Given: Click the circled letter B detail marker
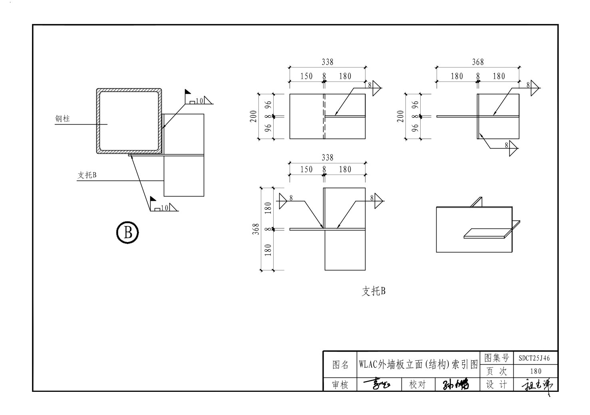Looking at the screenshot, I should point(127,232).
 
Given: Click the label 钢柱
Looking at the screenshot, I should point(62,119).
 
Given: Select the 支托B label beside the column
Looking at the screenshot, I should point(87,175).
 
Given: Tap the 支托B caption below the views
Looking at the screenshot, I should point(373,291).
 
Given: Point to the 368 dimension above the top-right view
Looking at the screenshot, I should point(478,62).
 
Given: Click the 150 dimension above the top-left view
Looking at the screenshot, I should point(306,76).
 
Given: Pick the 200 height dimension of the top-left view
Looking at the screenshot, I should point(253,116).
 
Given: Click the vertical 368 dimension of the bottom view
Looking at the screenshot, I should point(256,229).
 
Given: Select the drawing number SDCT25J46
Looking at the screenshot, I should point(534,358).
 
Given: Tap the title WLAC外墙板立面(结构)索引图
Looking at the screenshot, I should point(418,364).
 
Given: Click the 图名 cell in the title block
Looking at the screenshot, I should point(340,364).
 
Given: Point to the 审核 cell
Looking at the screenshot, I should point(340,385).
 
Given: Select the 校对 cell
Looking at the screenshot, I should point(417,385).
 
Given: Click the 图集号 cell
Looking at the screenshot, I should point(496,358).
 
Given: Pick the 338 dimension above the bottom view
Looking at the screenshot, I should point(327,158).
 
